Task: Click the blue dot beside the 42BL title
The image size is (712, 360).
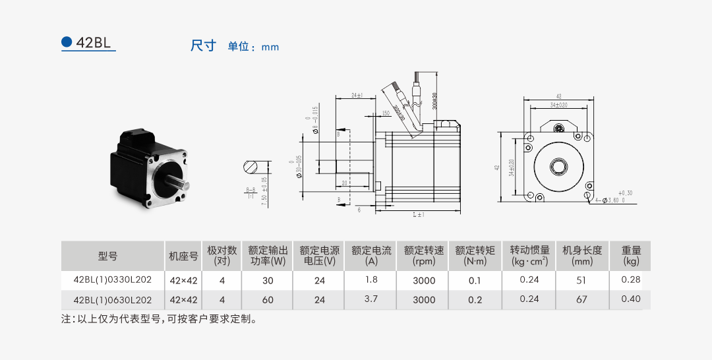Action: (66, 42)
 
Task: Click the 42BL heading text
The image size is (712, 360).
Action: (94, 43)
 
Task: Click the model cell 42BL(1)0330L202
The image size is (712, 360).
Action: (113, 280)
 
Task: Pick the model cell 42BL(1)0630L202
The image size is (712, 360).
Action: (113, 300)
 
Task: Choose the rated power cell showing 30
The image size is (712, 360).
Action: (268, 280)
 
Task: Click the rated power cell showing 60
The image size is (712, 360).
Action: (268, 300)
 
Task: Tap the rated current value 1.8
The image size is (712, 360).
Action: (371, 280)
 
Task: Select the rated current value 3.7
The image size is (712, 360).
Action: (371, 299)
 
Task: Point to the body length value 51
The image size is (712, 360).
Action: (581, 280)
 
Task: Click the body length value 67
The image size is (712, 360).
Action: (581, 299)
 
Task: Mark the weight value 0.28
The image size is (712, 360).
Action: (631, 280)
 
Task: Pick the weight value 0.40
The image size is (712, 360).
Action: (631, 299)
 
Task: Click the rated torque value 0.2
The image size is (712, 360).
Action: (475, 300)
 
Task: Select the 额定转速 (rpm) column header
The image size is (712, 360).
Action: (424, 255)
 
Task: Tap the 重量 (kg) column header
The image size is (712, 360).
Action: (631, 255)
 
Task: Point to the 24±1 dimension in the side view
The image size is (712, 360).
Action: (357, 96)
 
